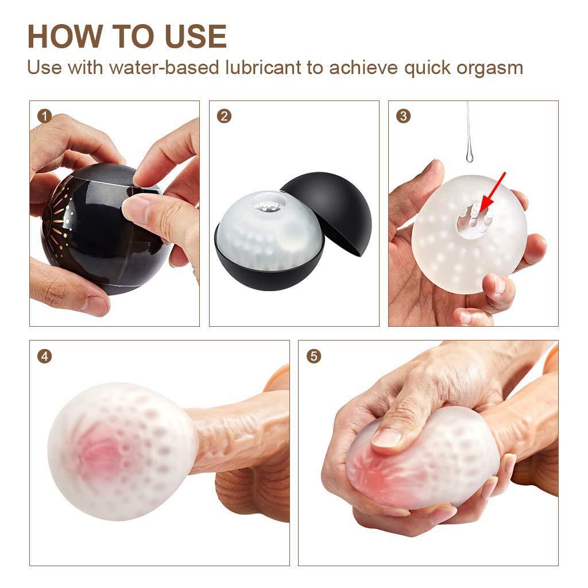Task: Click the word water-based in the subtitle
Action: point(164,68)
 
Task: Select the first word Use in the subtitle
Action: point(44,68)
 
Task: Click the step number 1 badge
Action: point(44,116)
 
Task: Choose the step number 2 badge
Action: point(224,116)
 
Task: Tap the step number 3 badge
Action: point(403,116)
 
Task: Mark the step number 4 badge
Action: point(44,356)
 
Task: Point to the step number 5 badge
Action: point(314,356)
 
